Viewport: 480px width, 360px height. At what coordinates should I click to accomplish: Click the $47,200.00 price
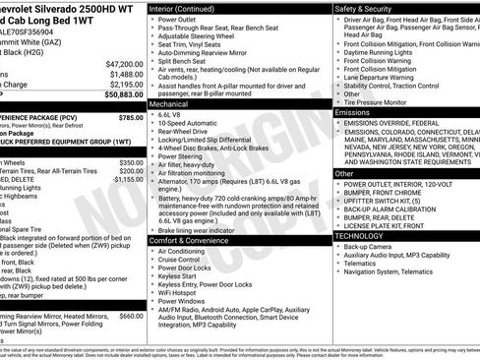(x=125, y=64)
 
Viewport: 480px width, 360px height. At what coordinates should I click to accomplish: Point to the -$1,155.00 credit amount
(x=128, y=180)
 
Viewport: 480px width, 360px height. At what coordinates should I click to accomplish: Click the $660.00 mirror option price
(x=131, y=316)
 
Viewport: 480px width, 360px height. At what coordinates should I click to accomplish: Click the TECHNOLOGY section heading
(x=359, y=236)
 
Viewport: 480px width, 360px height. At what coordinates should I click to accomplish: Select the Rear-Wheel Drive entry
(x=187, y=134)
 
